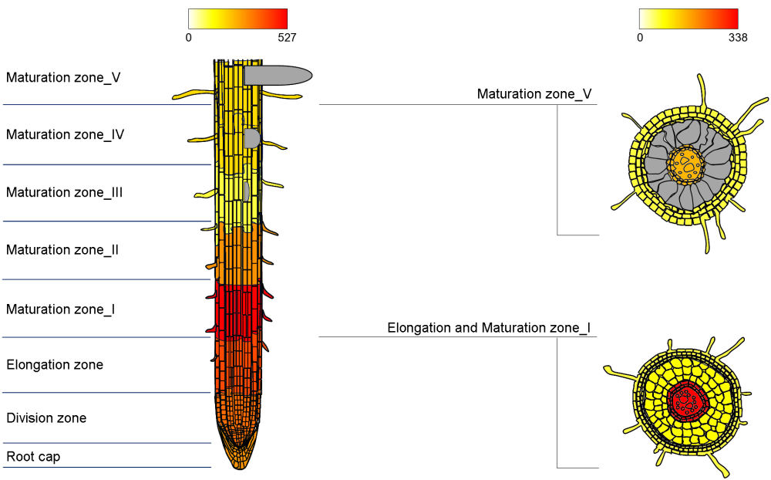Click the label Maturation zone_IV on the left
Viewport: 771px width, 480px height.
[65, 134]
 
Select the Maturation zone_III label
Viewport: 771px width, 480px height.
[65, 192]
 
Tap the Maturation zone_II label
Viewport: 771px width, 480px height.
[62, 249]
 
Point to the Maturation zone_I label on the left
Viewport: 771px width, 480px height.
[60, 309]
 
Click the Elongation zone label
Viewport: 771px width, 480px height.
[55, 365]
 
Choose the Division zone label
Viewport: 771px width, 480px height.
[46, 418]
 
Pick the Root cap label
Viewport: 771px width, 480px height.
[33, 457]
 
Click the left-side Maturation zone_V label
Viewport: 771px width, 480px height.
[63, 78]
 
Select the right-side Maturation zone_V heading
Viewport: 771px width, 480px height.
[534, 94]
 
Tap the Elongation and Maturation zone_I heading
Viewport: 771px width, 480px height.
[489, 328]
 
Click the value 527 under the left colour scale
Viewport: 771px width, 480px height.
[287, 38]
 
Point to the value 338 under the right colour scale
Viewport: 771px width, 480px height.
[738, 38]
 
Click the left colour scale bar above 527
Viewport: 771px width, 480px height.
[237, 19]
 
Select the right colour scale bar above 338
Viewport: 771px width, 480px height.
[689, 19]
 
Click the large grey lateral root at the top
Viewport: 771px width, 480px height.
[278, 76]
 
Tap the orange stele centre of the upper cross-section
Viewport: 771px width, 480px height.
[686, 165]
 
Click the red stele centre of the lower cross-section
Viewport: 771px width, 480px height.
[687, 401]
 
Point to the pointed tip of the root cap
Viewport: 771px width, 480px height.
[240, 468]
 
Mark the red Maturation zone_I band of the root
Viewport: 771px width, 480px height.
[237, 311]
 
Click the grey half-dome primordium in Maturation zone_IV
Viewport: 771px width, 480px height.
[251, 138]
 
